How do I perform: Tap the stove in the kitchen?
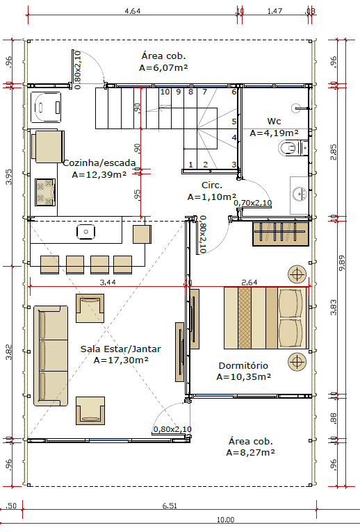coord(45,192)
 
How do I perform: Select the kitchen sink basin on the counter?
coord(85,232)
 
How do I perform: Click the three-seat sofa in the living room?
coord(51,356)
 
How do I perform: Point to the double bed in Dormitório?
coord(266,318)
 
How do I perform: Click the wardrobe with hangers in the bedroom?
coord(281,233)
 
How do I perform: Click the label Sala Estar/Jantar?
coord(120,349)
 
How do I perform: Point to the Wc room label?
coord(274,121)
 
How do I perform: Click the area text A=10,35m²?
coord(244,376)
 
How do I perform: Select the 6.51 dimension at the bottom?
coord(170,506)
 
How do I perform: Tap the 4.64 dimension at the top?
coord(133,11)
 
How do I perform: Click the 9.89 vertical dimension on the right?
coord(342,263)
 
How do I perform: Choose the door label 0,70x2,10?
coord(253,203)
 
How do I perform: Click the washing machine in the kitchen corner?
coord(46,107)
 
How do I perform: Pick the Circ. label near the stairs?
coord(212,185)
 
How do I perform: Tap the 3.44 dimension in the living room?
coord(108,282)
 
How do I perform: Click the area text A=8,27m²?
coord(251,452)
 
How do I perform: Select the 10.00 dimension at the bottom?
coord(225,519)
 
